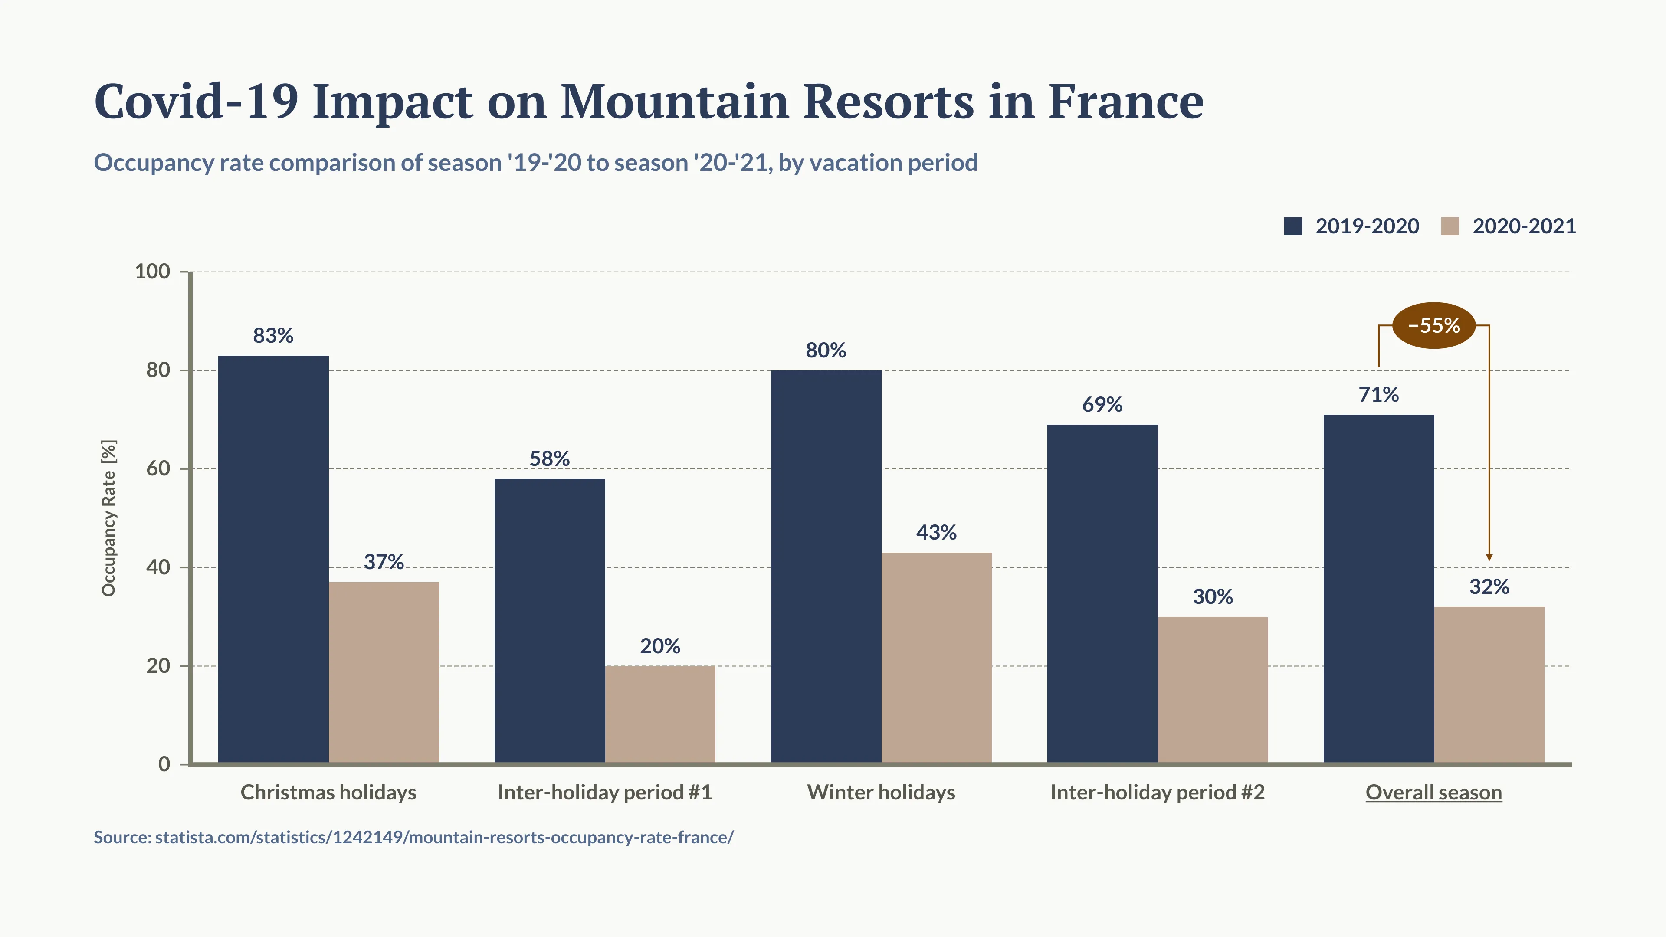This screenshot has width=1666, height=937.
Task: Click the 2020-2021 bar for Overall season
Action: [x=1489, y=685]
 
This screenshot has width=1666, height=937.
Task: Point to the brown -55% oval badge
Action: [x=1434, y=325]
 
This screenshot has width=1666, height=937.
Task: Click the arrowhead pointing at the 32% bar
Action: [x=1489, y=557]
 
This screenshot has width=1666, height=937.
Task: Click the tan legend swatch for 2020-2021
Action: [x=1450, y=226]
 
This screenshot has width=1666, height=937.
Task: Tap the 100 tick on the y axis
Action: [x=153, y=272]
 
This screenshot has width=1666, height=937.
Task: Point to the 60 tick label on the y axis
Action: [x=158, y=469]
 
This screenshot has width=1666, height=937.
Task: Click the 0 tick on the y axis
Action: [x=164, y=764]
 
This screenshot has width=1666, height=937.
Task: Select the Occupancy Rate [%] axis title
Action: [x=108, y=518]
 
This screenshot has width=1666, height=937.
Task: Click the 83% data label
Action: [x=273, y=336]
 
